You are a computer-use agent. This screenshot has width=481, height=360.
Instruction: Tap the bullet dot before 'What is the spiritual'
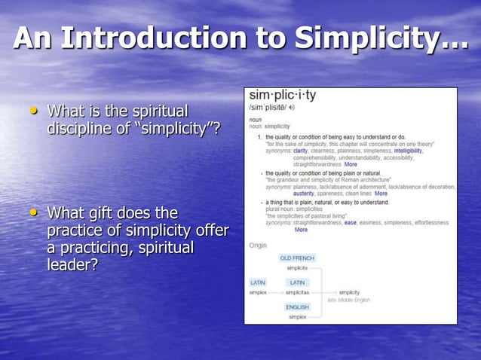(x=32, y=111)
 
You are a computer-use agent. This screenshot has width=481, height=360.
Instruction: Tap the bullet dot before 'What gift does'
(x=32, y=212)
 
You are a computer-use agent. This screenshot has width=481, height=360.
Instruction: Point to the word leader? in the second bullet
(x=72, y=265)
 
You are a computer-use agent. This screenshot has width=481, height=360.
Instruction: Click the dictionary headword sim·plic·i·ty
(x=283, y=96)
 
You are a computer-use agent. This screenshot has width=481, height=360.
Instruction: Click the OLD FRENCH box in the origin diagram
(x=296, y=258)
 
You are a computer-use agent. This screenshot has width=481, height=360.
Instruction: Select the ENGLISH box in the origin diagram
(x=296, y=307)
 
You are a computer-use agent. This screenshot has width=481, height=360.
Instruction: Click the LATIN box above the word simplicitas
(x=297, y=282)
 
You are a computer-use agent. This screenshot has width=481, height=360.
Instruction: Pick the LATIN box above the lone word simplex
(x=258, y=282)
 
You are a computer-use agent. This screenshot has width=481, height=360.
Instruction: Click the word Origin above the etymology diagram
(x=258, y=245)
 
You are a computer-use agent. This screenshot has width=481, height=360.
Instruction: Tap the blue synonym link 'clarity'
(x=300, y=151)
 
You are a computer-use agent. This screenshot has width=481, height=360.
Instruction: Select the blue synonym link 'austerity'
(x=304, y=193)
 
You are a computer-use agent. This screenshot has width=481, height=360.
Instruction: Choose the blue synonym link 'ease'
(x=350, y=222)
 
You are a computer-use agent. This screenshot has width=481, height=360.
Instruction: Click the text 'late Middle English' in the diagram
(x=348, y=300)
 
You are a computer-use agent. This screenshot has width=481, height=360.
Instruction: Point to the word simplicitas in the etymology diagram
(x=298, y=292)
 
